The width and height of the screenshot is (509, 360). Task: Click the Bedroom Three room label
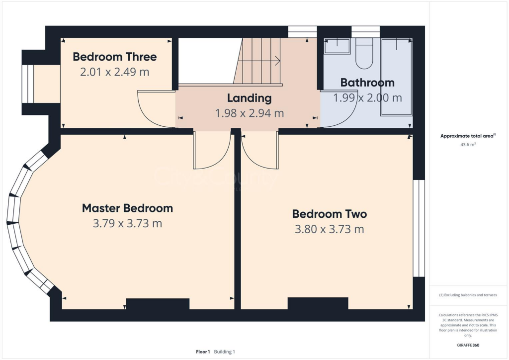click(x=114, y=57)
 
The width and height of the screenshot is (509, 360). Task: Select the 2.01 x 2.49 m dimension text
click(x=114, y=72)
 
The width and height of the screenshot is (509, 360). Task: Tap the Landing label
click(x=249, y=98)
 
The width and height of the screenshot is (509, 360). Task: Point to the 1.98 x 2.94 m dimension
click(x=249, y=113)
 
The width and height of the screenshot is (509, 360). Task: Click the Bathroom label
click(x=367, y=83)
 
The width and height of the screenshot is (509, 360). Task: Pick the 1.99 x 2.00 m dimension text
click(x=367, y=98)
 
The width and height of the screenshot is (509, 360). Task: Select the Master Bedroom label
click(x=127, y=208)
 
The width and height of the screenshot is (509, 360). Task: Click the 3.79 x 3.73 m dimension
click(x=127, y=224)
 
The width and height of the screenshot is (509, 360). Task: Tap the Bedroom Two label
click(x=329, y=214)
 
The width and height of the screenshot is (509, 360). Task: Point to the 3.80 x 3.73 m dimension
click(x=329, y=229)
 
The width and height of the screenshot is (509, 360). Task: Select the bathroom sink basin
click(x=337, y=47)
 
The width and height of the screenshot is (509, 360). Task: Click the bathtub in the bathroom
click(x=396, y=77)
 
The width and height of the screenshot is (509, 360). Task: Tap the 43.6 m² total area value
click(x=468, y=145)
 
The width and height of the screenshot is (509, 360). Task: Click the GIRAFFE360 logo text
click(x=468, y=345)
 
